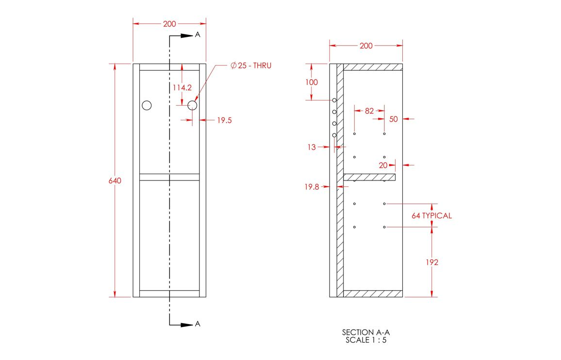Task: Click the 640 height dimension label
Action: pyautogui.click(x=115, y=180)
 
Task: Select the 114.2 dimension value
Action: pyautogui.click(x=182, y=88)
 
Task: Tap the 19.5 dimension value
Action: pyautogui.click(x=224, y=120)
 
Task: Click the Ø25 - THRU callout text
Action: pyautogui.click(x=251, y=65)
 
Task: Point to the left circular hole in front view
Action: pyautogui.click(x=147, y=105)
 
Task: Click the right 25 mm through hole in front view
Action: pyautogui.click(x=192, y=105)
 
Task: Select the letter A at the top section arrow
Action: pyautogui.click(x=198, y=35)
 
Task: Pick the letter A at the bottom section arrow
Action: pyautogui.click(x=198, y=324)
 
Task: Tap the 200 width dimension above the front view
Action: pyautogui.click(x=169, y=24)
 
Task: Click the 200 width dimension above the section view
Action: pyautogui.click(x=366, y=46)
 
